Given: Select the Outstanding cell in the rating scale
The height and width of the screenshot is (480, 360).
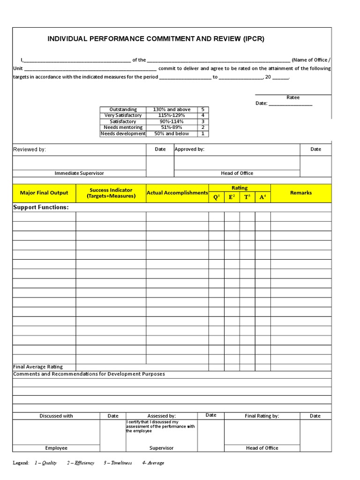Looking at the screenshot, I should (x=123, y=109).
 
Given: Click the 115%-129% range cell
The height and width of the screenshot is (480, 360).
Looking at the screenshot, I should (x=172, y=115).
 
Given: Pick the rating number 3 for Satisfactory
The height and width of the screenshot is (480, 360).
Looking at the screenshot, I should (x=202, y=121).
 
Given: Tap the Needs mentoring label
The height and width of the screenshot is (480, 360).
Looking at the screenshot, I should (x=123, y=127).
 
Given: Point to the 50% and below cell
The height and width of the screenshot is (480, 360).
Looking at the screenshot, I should (x=172, y=134).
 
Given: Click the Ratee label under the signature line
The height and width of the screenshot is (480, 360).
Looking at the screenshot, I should (x=293, y=97).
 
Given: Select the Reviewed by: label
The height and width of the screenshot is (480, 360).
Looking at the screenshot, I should (x=30, y=150).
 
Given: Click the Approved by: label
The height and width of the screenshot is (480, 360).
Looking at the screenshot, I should (x=189, y=149).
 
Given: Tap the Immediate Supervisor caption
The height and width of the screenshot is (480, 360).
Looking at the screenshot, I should (x=79, y=173).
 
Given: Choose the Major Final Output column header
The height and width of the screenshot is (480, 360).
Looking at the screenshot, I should (x=44, y=193).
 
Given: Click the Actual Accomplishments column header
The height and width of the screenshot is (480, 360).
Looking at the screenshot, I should (x=177, y=193).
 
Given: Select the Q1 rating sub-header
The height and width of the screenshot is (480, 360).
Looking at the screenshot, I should (x=216, y=197).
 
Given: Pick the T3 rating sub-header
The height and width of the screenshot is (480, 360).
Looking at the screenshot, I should (x=247, y=197).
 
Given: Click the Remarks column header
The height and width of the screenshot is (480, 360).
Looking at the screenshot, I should (x=300, y=193).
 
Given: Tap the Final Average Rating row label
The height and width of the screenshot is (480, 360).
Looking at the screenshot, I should (x=38, y=367).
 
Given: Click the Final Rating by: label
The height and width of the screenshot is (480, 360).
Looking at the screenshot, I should (x=262, y=416).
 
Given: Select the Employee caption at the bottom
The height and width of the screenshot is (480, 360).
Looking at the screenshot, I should (x=56, y=448).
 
